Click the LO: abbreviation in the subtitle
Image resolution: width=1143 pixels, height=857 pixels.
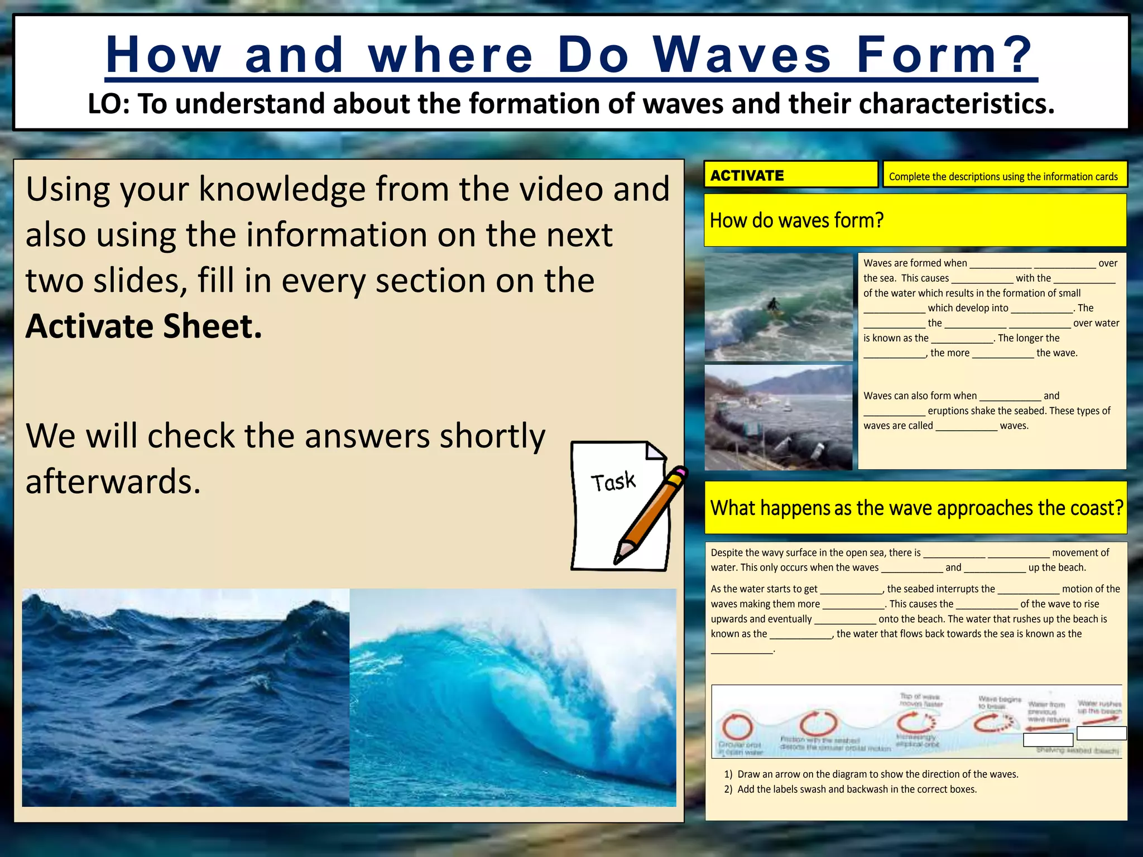[108, 104]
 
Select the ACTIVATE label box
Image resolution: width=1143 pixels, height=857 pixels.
[790, 175]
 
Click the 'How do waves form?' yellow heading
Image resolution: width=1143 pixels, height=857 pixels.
[797, 220]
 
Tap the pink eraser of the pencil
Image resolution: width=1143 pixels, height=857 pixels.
[678, 474]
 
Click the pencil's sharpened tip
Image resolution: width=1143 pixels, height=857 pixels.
[618, 559]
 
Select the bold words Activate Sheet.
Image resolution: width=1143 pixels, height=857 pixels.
[143, 326]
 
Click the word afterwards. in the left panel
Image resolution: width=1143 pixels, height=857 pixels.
[113, 482]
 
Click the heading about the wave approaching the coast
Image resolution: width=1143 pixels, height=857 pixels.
[916, 508]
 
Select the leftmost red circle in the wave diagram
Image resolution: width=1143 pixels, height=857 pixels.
[737, 726]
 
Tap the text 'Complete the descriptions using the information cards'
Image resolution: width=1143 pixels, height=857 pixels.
[1003, 176]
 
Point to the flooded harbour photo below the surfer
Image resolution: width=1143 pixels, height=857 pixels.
[778, 417]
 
